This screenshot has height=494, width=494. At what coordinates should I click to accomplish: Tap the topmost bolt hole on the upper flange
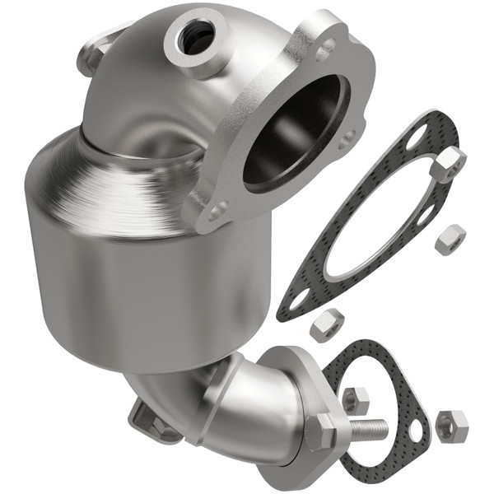coord(327,45)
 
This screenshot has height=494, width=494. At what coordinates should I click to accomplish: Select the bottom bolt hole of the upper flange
coord(217,212)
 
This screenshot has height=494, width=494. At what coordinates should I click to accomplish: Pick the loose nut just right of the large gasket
coord(450,239)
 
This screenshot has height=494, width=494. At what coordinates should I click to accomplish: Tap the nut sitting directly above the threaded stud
coord(355,400)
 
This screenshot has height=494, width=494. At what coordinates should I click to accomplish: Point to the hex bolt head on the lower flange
coord(322,430)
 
